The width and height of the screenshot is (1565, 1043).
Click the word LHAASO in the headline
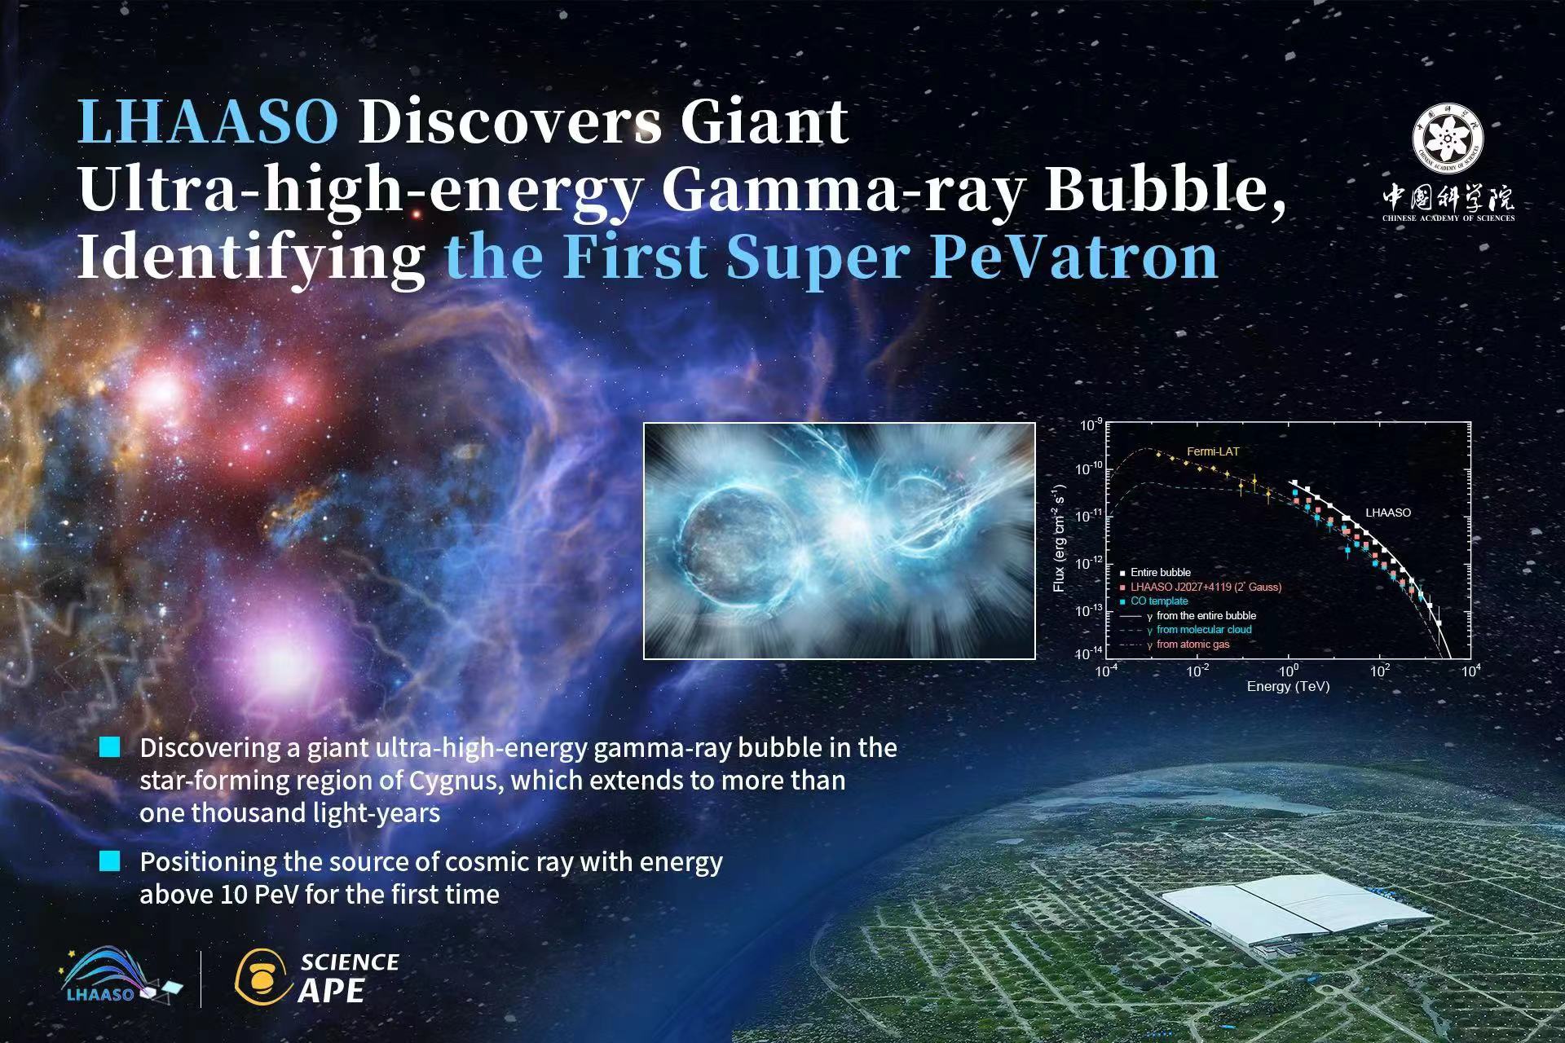coord(208,122)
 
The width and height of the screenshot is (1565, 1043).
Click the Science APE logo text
coord(349,977)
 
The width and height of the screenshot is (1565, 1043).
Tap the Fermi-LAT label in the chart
coord(1213,451)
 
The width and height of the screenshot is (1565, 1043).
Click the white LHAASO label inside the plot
coord(1388,513)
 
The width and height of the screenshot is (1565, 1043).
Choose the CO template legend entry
coord(1153,601)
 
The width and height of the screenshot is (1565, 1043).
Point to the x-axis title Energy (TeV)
coord(1288,687)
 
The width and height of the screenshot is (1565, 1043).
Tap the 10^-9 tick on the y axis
coord(1091,425)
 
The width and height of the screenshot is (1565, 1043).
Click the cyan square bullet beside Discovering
coord(109,747)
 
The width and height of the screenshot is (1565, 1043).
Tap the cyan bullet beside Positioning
coord(109,861)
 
